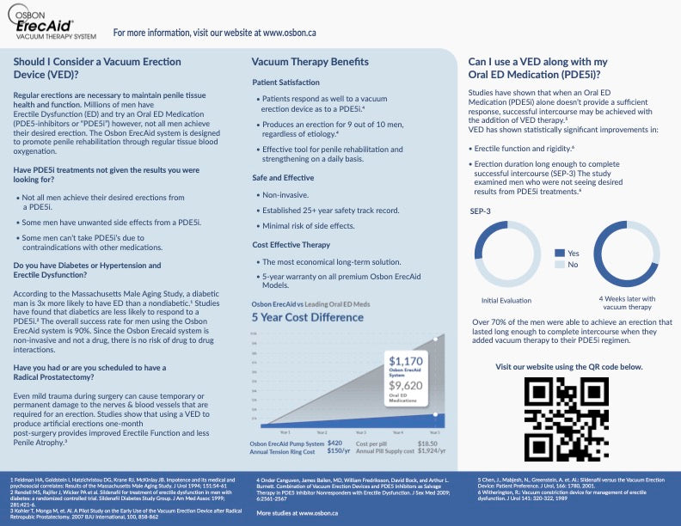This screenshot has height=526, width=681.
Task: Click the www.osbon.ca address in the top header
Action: coord(290,32)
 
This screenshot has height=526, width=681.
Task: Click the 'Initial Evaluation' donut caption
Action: coord(507,300)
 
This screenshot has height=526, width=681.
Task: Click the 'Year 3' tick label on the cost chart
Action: coord(360,431)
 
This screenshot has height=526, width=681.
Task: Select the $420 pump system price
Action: coord(335,443)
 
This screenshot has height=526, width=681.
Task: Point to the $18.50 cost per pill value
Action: coord(427,443)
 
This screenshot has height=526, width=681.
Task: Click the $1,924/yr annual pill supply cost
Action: coord(431,450)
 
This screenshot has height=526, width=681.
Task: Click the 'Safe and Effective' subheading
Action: coord(284,177)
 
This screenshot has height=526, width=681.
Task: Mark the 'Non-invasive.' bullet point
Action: coord(285,195)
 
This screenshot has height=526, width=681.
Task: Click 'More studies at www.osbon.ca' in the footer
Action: coord(297,513)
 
